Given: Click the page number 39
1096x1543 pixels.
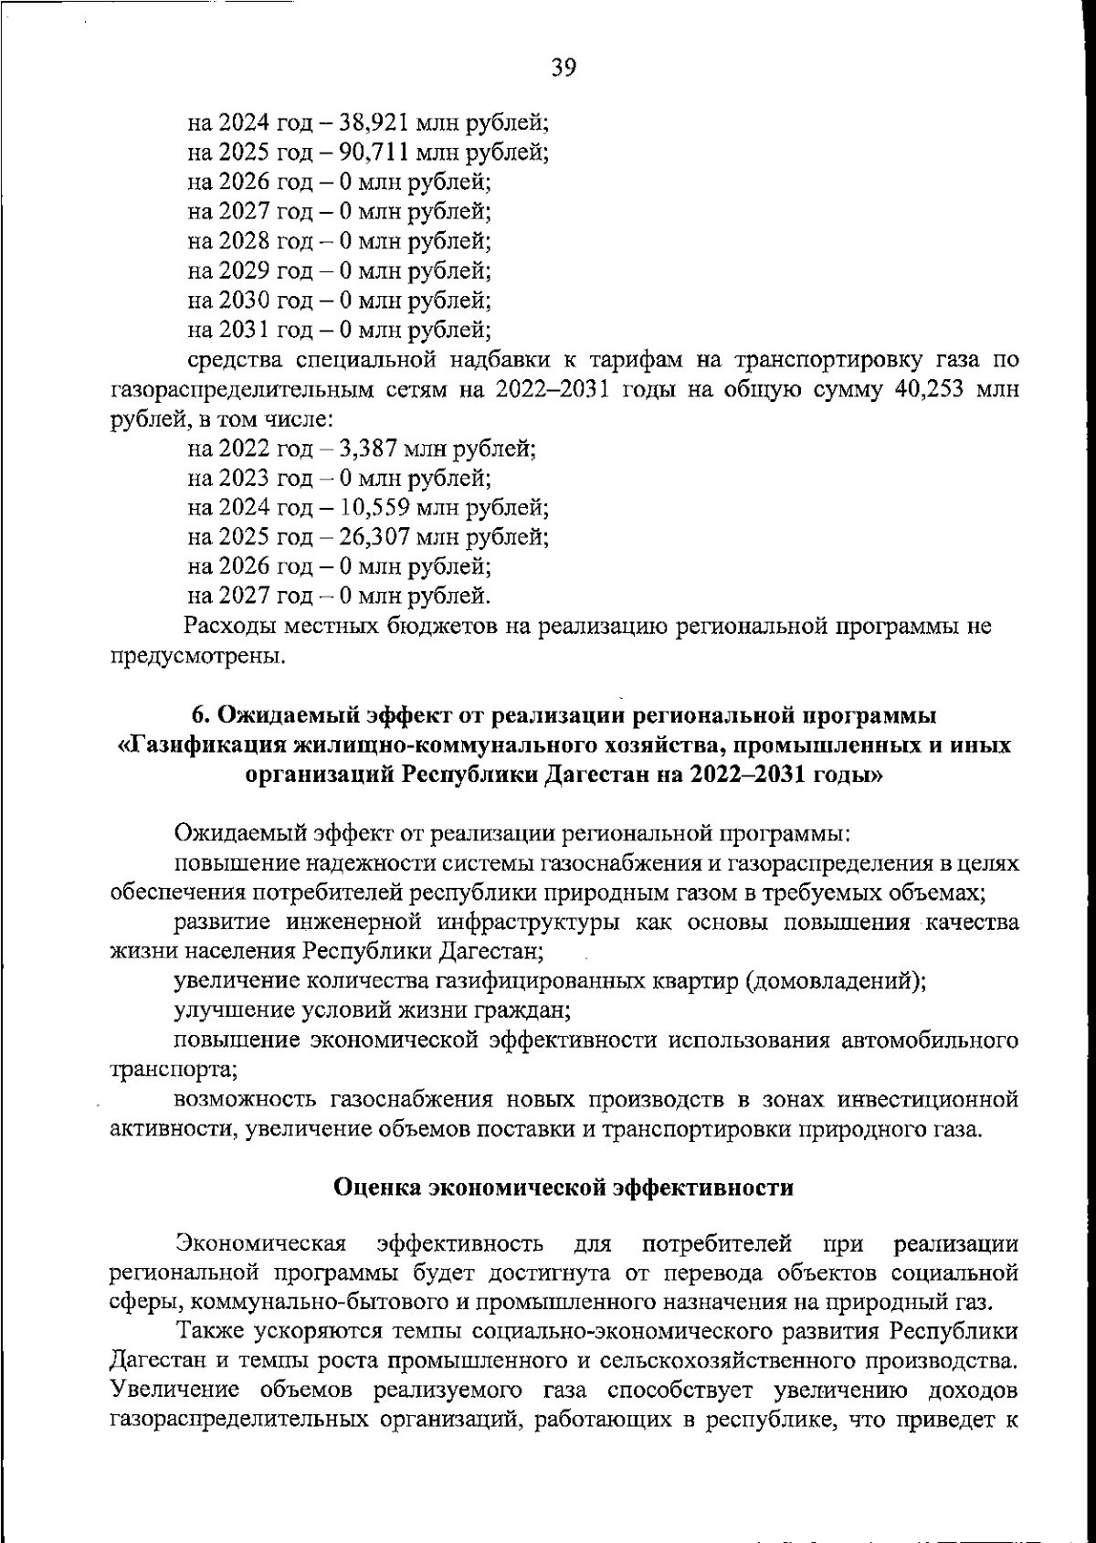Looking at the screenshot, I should click(564, 69).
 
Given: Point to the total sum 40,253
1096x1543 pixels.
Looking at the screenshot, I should click(927, 390).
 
